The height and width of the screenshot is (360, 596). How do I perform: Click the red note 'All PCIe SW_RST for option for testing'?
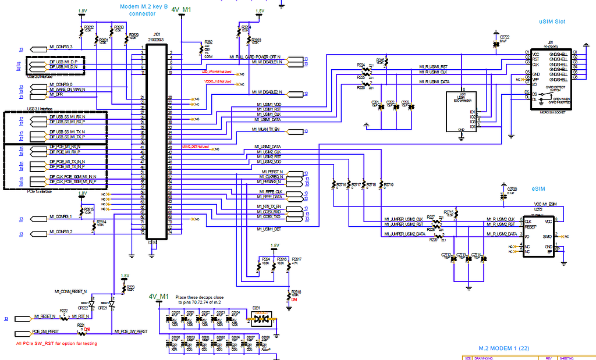coord(56,344)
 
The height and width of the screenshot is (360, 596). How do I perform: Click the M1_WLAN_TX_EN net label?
coord(265,129)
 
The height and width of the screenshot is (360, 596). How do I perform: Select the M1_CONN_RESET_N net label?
coord(70,291)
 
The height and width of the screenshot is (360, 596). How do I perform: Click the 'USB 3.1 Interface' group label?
coord(40,109)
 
